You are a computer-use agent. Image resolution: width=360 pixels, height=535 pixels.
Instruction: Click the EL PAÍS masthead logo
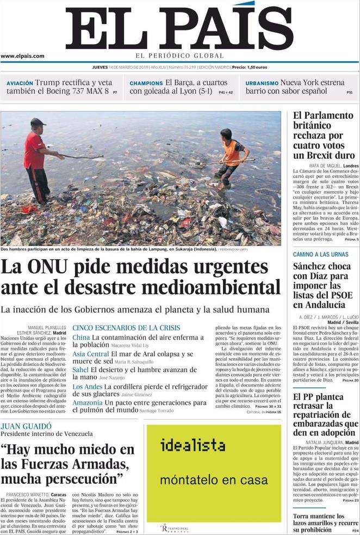coord(179,27)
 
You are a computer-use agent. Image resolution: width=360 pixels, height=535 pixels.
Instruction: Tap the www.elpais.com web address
coord(22,56)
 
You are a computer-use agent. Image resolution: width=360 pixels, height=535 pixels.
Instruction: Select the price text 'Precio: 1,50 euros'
coord(249,67)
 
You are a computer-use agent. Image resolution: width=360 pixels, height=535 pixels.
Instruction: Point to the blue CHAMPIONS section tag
coord(146,83)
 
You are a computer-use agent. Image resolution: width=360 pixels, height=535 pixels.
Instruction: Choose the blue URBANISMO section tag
coord(262,83)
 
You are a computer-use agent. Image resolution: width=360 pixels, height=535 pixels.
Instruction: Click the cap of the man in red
coord(38,122)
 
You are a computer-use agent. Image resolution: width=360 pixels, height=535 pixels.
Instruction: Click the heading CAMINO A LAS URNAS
coord(320,254)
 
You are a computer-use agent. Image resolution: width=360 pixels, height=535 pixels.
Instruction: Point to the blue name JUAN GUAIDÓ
coord(26,426)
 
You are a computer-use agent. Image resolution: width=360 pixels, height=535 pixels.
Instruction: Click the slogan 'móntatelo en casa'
coord(214,480)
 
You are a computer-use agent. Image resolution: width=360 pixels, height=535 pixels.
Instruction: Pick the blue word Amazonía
coord(88,402)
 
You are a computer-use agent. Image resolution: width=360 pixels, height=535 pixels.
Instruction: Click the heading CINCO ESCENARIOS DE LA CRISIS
coord(126,328)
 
